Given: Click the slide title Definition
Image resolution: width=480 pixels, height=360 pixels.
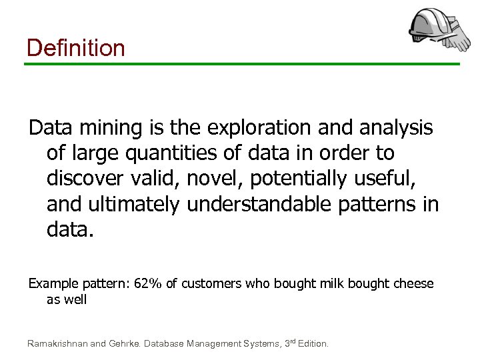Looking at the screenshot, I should click(75, 48).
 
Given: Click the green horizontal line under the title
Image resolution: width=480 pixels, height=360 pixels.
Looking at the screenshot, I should click(242, 64).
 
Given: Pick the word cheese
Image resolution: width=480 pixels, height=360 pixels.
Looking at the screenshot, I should click(413, 284).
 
